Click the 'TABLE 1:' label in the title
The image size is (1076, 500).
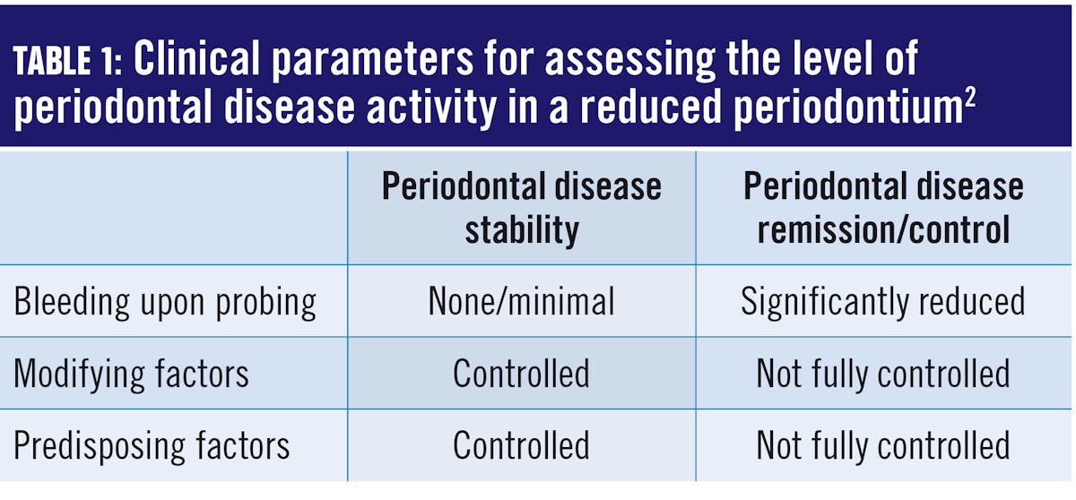click(x=68, y=61)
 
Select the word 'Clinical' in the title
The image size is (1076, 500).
click(x=196, y=58)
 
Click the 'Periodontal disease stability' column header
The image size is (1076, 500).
click(x=522, y=208)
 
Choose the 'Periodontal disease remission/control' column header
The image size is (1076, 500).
click(x=883, y=208)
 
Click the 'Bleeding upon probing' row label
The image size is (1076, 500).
click(x=165, y=302)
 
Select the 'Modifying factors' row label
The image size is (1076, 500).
click(x=131, y=374)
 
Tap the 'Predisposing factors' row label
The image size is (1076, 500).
click(x=152, y=445)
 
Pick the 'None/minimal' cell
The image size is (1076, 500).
click(x=521, y=301)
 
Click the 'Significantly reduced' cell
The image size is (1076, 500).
click(x=883, y=302)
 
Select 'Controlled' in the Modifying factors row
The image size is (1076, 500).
click(x=521, y=374)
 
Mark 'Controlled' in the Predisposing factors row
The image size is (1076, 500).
click(x=521, y=445)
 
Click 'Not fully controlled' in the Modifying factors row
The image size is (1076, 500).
click(x=883, y=375)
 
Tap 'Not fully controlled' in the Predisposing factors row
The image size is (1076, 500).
click(x=883, y=446)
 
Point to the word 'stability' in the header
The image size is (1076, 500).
click(x=522, y=231)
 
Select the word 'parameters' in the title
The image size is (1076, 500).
click(x=373, y=62)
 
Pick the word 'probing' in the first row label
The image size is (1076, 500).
click(x=265, y=303)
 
